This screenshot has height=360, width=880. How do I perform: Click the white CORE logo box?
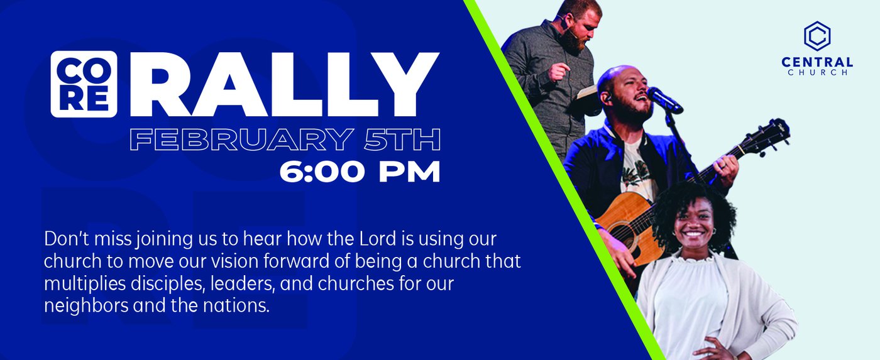point(84,84)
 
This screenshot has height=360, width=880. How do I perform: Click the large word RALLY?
point(283,84)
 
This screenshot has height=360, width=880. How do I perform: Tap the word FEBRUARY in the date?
point(241,139)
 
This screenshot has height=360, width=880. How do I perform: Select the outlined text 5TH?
point(402,139)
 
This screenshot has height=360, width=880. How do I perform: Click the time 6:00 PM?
point(360,172)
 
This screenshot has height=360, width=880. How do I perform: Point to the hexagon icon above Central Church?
point(817,36)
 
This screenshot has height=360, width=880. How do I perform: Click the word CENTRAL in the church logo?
point(817,62)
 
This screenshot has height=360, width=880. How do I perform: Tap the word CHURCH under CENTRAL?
point(817,73)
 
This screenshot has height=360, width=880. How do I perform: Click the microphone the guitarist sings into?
point(665,100)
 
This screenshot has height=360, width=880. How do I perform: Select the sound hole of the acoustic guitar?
point(625,235)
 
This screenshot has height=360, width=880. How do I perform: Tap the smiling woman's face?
point(694,224)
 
